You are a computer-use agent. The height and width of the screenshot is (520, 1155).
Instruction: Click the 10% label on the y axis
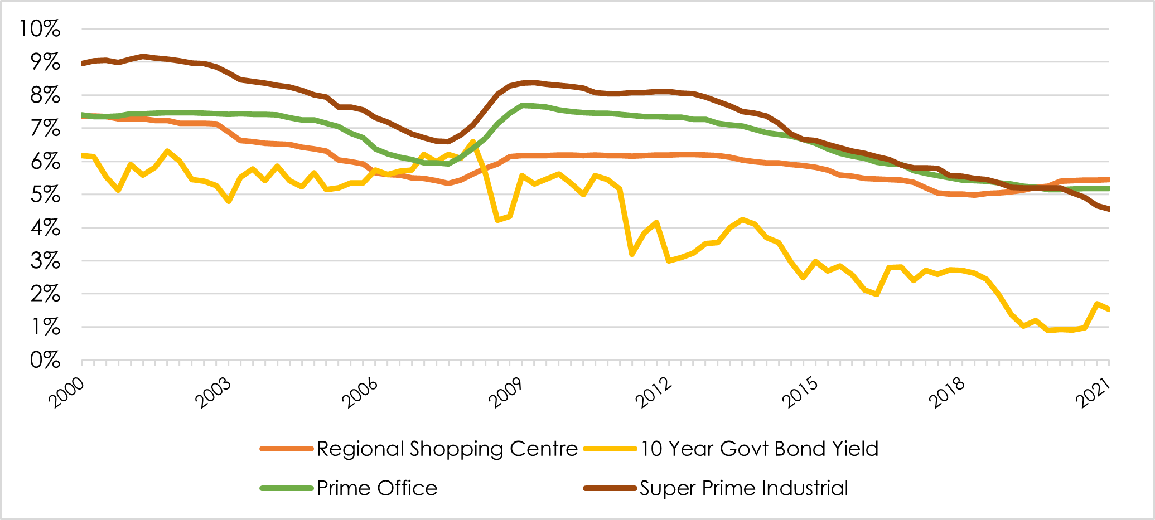pyautogui.click(x=40, y=28)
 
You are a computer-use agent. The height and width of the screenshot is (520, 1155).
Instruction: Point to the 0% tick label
pyautogui.click(x=45, y=361)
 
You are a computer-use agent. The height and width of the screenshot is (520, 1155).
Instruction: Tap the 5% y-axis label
pyautogui.click(x=45, y=195)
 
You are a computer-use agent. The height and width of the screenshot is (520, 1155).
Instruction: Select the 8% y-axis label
pyautogui.click(x=45, y=95)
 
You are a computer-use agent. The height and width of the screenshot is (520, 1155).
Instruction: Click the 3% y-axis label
pyautogui.click(x=45, y=261)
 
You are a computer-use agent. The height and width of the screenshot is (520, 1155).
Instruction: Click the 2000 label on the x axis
pyautogui.click(x=66, y=392)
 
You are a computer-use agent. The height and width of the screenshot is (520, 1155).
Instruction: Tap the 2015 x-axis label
pyautogui.click(x=799, y=392)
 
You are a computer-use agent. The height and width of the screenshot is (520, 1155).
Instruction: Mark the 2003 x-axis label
pyautogui.click(x=212, y=392)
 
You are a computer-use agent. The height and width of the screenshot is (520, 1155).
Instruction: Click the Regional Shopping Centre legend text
pyautogui.click(x=447, y=449)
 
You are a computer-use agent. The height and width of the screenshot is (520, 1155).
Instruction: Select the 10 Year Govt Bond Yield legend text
pyautogui.click(x=759, y=449)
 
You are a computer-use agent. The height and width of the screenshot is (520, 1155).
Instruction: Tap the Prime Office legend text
pyautogui.click(x=377, y=488)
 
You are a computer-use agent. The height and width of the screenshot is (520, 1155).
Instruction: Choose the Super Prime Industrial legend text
pyautogui.click(x=743, y=488)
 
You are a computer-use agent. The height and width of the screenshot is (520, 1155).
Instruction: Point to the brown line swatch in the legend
pyautogui.click(x=610, y=488)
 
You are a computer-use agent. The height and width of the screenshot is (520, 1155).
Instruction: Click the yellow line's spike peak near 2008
pyautogui.click(x=473, y=142)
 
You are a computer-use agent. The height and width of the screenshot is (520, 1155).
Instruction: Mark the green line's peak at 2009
pyautogui.click(x=522, y=105)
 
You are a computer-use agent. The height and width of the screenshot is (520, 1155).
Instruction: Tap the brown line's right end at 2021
pyautogui.click(x=1108, y=210)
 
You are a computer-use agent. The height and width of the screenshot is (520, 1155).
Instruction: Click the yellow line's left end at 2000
pyautogui.click(x=83, y=155)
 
